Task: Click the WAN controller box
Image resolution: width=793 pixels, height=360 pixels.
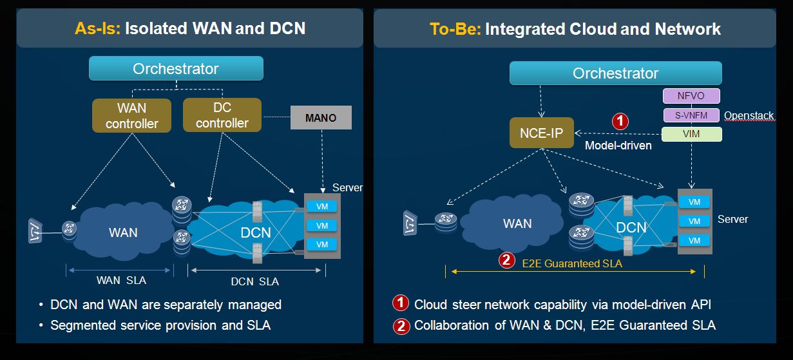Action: coord(132,115)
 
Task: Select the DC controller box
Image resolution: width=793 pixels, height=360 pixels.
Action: coord(222,115)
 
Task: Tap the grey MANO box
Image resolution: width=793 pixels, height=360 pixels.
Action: coord(321,118)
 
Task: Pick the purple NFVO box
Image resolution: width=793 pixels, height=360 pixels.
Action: coord(691,96)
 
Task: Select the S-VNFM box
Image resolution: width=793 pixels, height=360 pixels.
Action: coord(691,115)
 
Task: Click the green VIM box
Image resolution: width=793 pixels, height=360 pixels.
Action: coord(691,134)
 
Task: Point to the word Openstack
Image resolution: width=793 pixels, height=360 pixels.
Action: coord(749,116)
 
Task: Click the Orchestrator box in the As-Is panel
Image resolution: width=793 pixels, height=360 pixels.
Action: coord(176,68)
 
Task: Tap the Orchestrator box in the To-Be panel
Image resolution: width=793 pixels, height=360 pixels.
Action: coord(615,73)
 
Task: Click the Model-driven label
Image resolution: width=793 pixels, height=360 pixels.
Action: coord(618,146)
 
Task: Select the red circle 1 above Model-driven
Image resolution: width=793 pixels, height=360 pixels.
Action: coord(619,121)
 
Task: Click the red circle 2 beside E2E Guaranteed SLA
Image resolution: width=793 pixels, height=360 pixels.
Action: coord(507,260)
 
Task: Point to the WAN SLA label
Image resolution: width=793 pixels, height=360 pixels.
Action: coord(121,280)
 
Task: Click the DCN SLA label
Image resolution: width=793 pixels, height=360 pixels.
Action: coord(255,281)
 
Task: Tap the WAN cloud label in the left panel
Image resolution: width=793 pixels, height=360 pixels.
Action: coord(123,232)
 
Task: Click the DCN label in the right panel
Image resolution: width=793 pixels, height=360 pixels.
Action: coord(631,227)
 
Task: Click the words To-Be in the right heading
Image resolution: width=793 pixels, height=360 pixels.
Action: coord(455,28)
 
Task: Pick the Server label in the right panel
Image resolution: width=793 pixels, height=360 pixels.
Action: coord(732,219)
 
